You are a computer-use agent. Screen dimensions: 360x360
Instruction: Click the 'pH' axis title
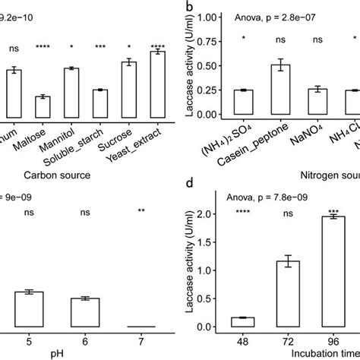pyautogui.click(x=86, y=354)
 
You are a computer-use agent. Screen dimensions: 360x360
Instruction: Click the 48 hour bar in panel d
pyautogui.click(x=242, y=322)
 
